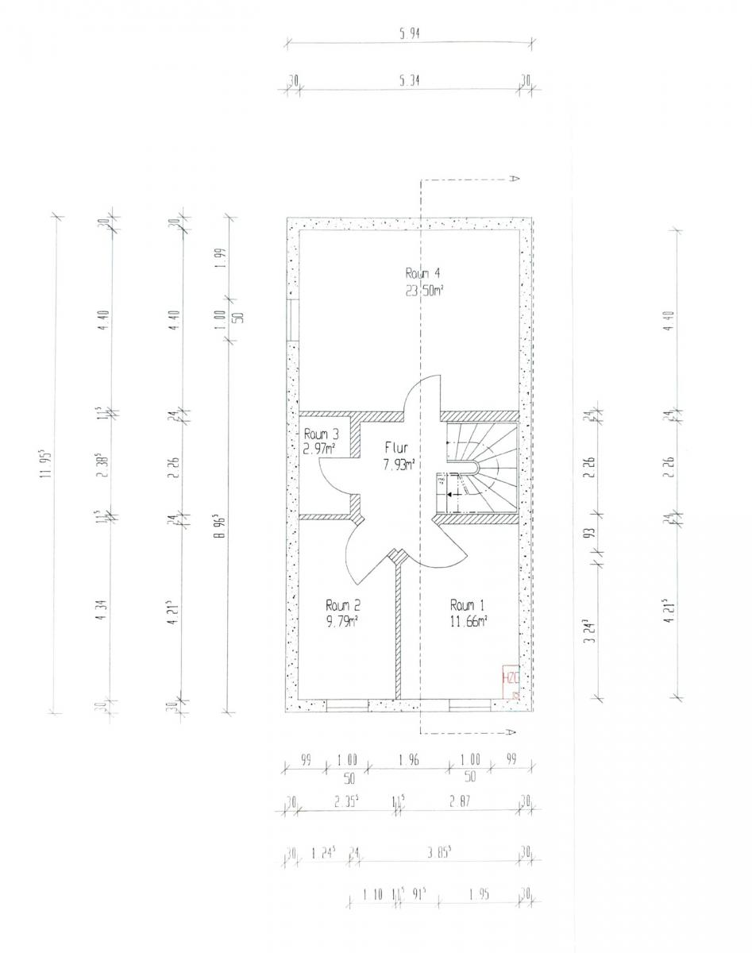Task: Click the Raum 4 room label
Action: [x=422, y=275]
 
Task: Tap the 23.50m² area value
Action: [x=422, y=291]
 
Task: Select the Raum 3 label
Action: [x=322, y=434]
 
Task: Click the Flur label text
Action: [x=396, y=448]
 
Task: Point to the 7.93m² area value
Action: [x=396, y=465]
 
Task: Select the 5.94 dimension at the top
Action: [x=410, y=33]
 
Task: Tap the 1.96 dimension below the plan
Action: [x=410, y=760]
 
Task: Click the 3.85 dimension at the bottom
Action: [x=438, y=853]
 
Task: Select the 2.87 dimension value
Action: [x=461, y=803]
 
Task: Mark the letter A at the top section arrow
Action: [x=514, y=179]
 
